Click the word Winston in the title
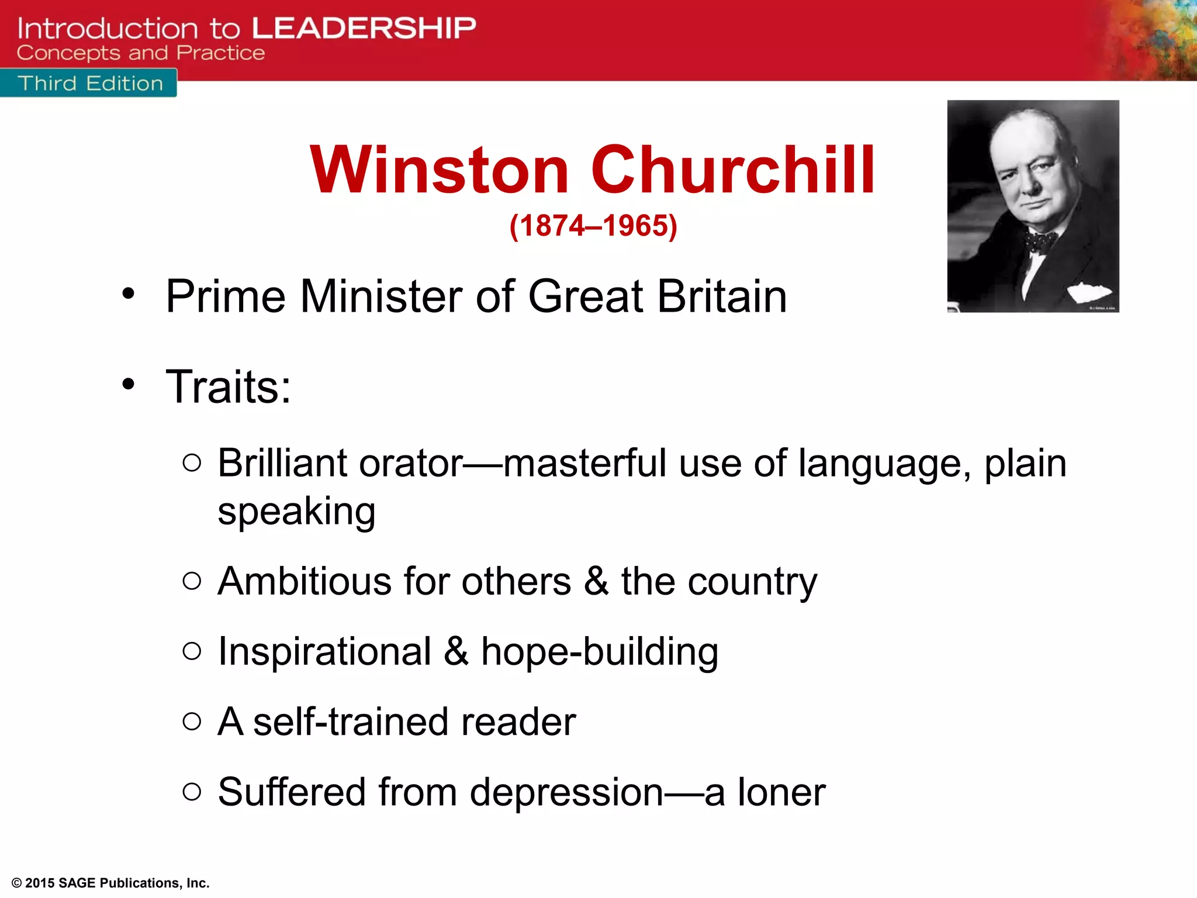coord(440,170)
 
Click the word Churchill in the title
coord(733,170)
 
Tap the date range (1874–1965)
coord(593,226)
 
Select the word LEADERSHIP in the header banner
coord(364,27)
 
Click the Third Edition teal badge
coord(89,84)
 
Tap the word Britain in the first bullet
coord(722,296)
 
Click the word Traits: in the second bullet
coord(228,386)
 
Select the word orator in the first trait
coord(411,464)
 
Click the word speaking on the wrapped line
coord(296,512)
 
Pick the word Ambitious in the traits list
coord(305,582)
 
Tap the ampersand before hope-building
coord(456,651)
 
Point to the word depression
coord(566,793)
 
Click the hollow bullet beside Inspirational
coord(192,651)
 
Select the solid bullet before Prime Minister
coord(129,294)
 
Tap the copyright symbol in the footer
coord(17,883)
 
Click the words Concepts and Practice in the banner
coord(140,53)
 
